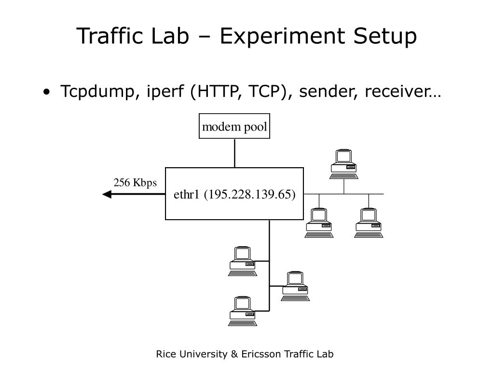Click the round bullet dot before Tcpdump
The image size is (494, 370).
coord(46,92)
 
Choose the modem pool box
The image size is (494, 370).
coord(234,126)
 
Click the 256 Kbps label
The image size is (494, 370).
coord(135,183)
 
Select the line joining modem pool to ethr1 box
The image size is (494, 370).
coord(234,153)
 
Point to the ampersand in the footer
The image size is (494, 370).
coord(234,355)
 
